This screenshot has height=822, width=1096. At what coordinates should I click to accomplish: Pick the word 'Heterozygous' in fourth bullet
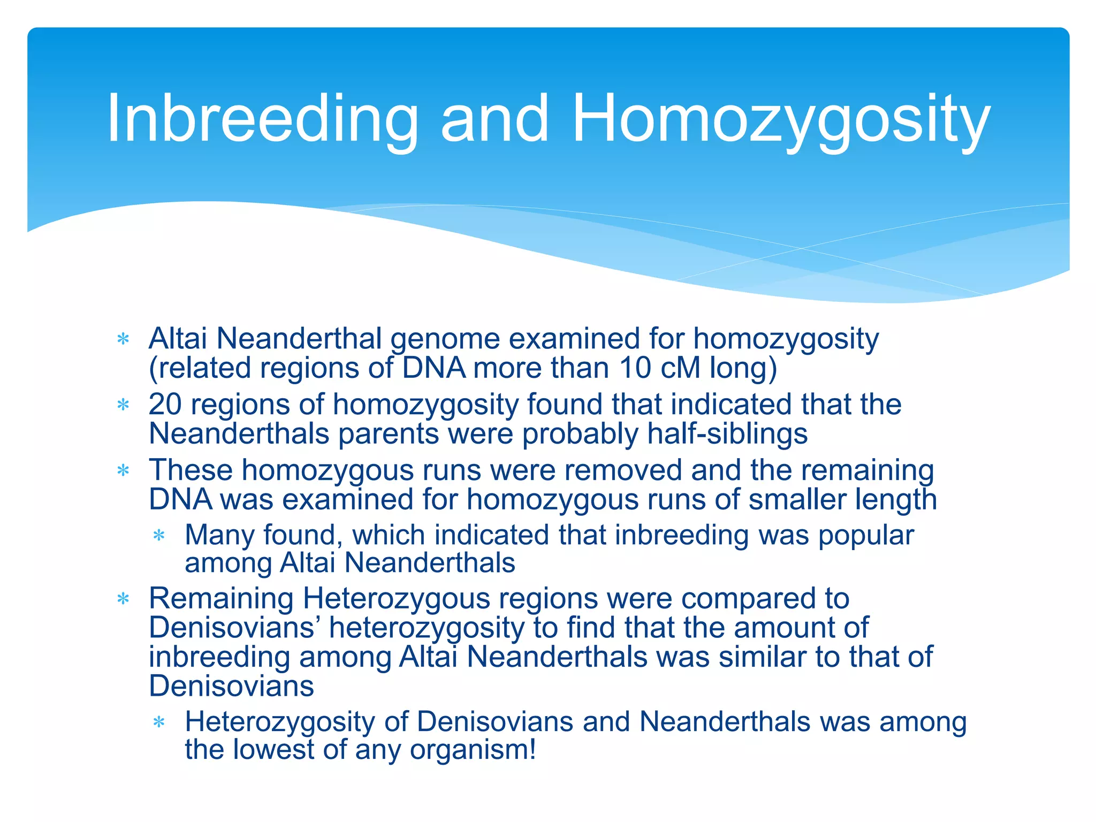[x=397, y=598]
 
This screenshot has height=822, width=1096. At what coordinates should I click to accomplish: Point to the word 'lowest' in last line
[x=273, y=749]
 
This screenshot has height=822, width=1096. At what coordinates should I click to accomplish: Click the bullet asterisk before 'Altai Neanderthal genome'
[x=124, y=339]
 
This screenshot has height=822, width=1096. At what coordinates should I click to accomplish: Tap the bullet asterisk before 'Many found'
[x=159, y=535]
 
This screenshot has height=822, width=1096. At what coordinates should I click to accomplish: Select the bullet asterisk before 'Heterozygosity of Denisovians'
[x=159, y=722]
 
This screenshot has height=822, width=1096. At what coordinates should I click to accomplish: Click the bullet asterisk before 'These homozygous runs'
[x=124, y=470]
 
